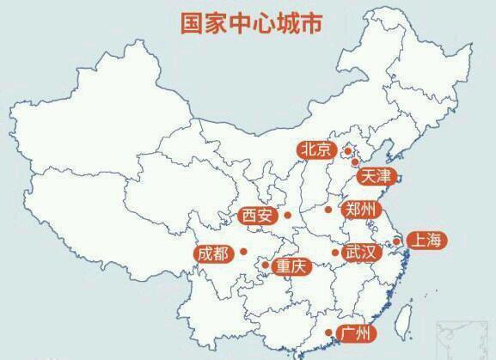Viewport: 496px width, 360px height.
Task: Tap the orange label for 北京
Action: pyautogui.click(x=315, y=149)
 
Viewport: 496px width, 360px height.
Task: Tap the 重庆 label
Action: pyautogui.click(x=290, y=267)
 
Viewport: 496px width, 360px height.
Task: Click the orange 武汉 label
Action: pyautogui.click(x=360, y=253)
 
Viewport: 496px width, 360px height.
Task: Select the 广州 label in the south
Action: pyautogui.click(x=356, y=333)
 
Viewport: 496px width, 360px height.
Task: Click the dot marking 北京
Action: pyautogui.click(x=348, y=151)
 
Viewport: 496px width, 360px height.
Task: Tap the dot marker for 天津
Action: pyautogui.click(x=356, y=162)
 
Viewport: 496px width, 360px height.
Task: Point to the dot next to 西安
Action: pyautogui.click(x=288, y=215)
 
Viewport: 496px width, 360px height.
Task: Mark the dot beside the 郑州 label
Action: pyautogui.click(x=328, y=209)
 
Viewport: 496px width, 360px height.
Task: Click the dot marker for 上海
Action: pyautogui.click(x=396, y=241)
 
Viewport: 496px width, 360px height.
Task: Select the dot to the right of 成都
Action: pyautogui.click(x=244, y=252)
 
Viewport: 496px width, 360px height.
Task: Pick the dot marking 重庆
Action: pyautogui.click(x=264, y=265)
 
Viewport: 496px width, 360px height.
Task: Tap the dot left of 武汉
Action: pyautogui.click(x=334, y=253)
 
